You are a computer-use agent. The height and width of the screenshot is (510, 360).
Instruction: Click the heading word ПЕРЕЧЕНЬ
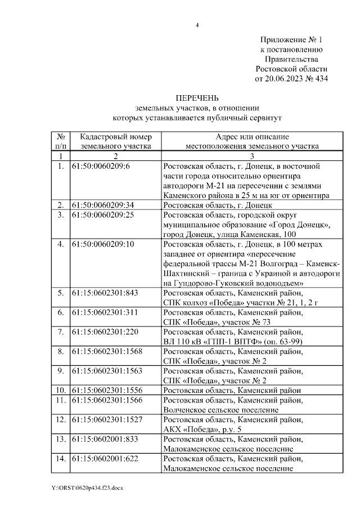point(196,99)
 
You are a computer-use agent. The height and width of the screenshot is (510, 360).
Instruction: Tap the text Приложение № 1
point(291,40)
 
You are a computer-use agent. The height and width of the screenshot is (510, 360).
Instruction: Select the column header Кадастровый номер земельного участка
point(116,141)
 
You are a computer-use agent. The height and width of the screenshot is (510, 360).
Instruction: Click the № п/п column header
point(60,141)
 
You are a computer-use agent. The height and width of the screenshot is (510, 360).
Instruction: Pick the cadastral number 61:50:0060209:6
point(101,167)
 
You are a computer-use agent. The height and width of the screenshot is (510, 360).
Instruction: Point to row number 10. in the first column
point(60,390)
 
